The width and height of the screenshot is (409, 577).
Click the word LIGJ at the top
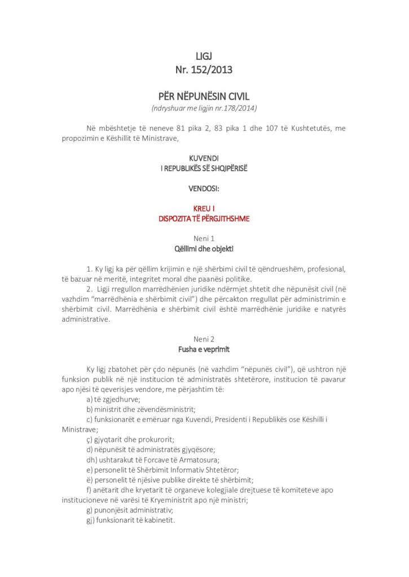[204, 56]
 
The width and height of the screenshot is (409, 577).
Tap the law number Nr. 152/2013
[204, 70]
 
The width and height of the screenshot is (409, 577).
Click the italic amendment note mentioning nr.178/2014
[204, 108]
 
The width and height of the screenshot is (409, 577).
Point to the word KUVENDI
[204, 159]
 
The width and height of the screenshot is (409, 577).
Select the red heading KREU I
[204, 208]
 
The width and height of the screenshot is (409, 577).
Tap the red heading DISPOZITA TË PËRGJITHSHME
[204, 219]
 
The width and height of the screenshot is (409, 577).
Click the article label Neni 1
[204, 238]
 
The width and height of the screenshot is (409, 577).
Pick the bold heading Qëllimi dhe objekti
[204, 248]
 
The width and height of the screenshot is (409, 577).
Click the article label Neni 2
[204, 339]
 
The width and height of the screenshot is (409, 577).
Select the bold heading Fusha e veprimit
[204, 349]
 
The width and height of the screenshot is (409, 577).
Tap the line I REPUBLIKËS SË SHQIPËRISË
[204, 168]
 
